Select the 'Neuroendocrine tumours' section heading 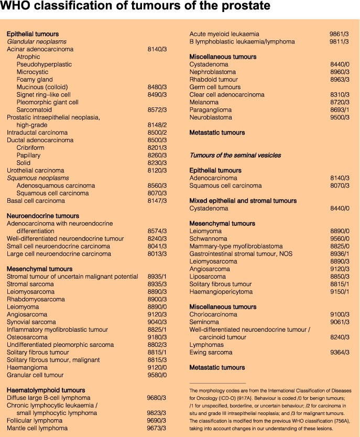[43, 216]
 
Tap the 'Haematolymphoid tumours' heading [46, 390]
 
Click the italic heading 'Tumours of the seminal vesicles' [235, 155]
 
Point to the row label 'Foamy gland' [35, 80]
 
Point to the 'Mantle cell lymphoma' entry [37, 428]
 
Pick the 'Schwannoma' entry [209, 238]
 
